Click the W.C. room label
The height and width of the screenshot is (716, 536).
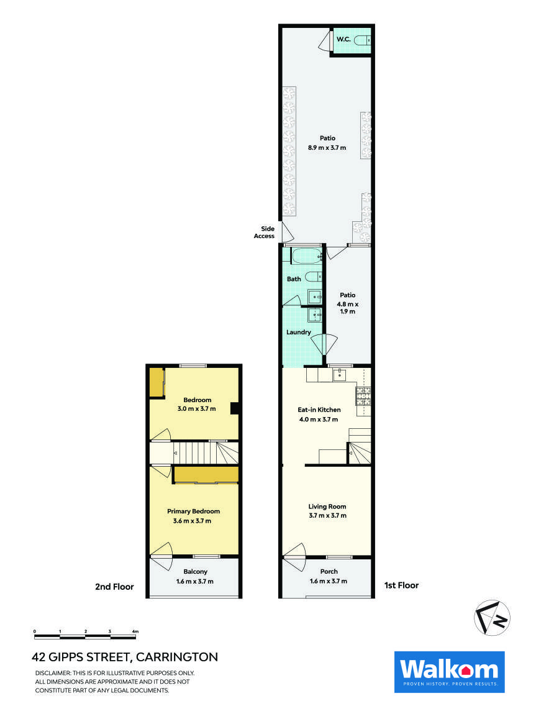343,40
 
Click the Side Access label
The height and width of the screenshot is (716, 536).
264,232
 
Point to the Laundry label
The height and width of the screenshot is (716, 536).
298,333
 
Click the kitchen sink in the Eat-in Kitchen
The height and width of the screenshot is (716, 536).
340,374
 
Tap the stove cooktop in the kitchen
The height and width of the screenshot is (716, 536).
363,393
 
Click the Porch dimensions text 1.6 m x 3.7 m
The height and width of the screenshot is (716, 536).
329,581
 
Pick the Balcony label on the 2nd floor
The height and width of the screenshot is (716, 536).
195,572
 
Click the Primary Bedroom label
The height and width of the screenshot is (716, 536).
193,512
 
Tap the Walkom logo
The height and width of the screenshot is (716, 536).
449,672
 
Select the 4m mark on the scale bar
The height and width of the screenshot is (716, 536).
135,631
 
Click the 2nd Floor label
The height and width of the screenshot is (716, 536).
114,586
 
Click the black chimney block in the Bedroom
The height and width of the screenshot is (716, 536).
235,408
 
